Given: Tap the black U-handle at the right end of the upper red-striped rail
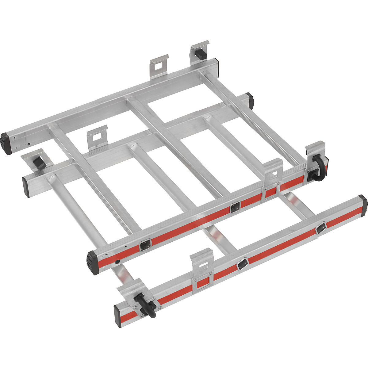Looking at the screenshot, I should [x=317, y=169].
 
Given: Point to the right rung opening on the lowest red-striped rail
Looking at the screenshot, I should [x=321, y=228].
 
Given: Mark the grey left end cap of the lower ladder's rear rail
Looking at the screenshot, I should [x=26, y=187].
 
